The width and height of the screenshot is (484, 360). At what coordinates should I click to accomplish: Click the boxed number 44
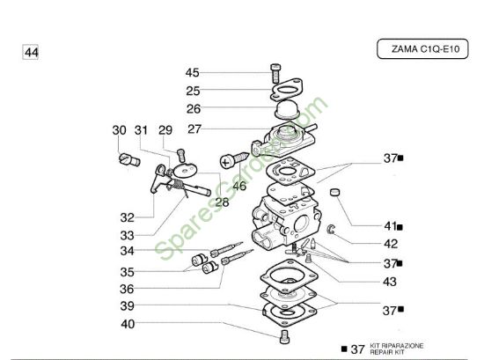pos(31,52)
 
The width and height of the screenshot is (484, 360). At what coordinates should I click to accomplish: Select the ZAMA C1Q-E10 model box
pos(422,48)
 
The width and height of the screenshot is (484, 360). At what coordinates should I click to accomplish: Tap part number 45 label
pos(192,72)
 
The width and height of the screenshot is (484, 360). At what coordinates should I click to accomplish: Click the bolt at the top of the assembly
pos(275,73)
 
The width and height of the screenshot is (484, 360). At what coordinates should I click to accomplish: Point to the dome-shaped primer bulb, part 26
pos(287,110)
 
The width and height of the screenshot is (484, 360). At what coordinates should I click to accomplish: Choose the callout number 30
pos(119,130)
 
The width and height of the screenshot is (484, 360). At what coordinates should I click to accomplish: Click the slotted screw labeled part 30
pos(129,160)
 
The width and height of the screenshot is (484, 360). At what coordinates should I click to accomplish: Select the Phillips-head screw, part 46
pos(234,160)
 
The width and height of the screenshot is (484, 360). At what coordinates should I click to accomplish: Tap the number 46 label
pos(239,186)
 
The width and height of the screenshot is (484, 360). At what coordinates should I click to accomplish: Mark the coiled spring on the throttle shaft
pos(178,185)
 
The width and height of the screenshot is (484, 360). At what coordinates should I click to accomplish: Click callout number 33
pos(128,236)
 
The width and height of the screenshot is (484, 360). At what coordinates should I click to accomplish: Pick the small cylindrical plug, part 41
pos(334,192)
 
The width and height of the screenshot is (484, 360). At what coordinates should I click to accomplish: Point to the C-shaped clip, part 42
pos(330,229)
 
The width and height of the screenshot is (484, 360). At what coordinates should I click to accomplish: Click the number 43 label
pos(390,282)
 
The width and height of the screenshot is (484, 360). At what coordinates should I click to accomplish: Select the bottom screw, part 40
pos(284,336)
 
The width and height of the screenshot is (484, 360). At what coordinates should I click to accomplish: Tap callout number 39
pos(128,306)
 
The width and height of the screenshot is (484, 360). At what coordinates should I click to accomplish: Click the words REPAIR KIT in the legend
pos(388,352)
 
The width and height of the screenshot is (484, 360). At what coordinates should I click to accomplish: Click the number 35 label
pos(128,272)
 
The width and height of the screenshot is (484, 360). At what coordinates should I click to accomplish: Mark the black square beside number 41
pos(400,227)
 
